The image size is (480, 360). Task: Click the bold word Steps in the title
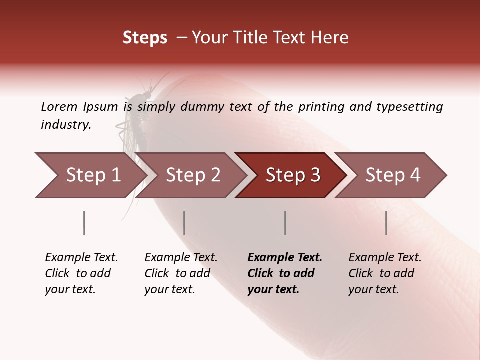click(x=145, y=38)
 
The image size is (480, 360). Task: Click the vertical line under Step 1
click(x=84, y=223)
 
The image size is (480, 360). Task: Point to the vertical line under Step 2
click(x=184, y=223)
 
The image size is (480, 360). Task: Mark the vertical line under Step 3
click(x=285, y=223)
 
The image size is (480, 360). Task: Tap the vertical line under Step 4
click(x=386, y=223)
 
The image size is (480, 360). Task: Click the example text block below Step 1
click(x=81, y=273)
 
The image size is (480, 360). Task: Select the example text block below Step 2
click(x=181, y=273)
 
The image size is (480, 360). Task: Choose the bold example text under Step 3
click(x=285, y=273)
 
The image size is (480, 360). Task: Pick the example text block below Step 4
click(x=385, y=273)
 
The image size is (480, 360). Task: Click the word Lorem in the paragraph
click(x=59, y=106)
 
